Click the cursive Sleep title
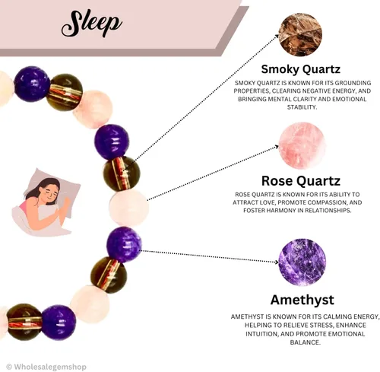[x=92, y=24]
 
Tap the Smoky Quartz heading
[x=301, y=69]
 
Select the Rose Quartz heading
[x=301, y=181]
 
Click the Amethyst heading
[x=302, y=300]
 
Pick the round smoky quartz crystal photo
[x=300, y=34]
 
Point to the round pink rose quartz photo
[x=302, y=145]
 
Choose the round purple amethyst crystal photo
[x=302, y=262]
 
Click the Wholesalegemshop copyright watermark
[x=46, y=367]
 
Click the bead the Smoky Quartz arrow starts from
[x=122, y=173]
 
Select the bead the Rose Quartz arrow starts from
[x=128, y=208]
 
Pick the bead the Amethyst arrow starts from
[x=124, y=245]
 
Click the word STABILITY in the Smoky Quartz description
[x=302, y=107]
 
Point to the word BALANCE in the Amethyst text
[x=306, y=342]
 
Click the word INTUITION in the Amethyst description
[x=261, y=334]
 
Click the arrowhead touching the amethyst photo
[x=276, y=262]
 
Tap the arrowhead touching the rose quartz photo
[x=276, y=147]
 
